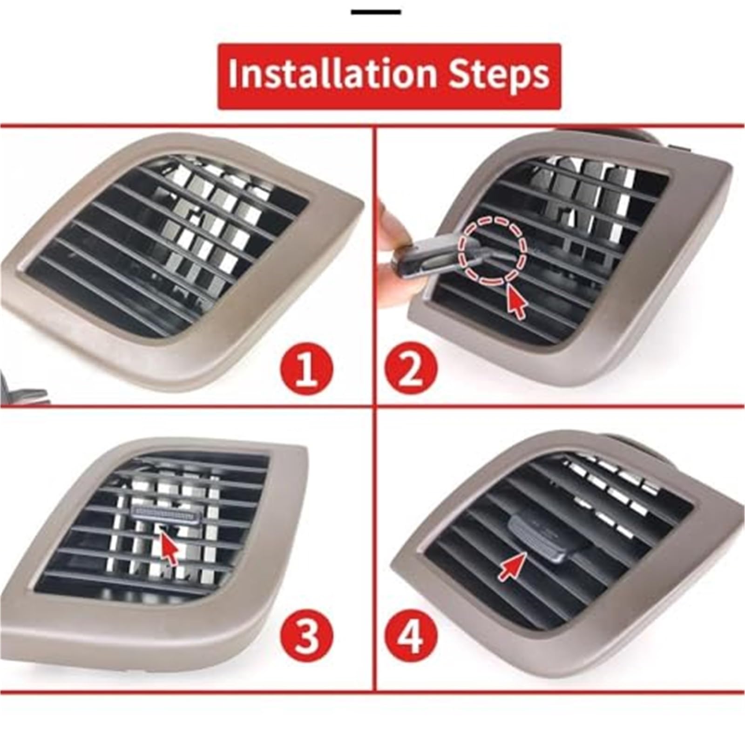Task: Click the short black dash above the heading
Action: click(375, 12)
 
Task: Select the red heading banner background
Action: click(389, 76)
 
